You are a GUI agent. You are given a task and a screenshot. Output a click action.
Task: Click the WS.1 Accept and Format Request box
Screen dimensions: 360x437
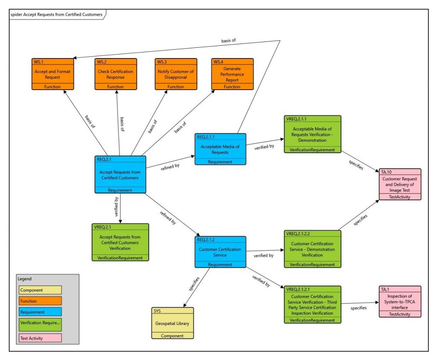click(x=53, y=74)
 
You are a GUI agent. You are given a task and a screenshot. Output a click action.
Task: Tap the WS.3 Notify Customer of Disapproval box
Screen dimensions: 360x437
click(x=176, y=74)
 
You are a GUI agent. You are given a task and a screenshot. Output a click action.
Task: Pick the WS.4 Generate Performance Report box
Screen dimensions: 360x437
click(x=232, y=74)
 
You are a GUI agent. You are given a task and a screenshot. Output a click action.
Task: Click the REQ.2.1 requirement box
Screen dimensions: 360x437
click(x=120, y=175)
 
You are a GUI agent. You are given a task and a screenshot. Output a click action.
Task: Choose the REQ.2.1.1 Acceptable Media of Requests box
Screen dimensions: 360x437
click(x=221, y=149)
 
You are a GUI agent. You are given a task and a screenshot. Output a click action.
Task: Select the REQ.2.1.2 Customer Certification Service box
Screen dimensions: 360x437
click(x=220, y=252)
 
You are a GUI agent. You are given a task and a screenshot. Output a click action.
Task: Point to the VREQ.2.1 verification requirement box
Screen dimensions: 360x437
click(x=120, y=242)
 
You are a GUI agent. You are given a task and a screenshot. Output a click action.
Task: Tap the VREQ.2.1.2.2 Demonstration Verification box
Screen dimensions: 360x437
click(x=312, y=249)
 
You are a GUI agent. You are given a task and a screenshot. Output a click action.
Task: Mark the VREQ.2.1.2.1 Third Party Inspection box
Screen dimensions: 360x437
click(x=312, y=304)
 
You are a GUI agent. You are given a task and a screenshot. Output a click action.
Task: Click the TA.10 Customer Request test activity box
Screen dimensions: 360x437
click(x=400, y=184)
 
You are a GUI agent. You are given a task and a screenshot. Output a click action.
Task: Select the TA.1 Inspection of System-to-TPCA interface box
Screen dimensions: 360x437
click(x=400, y=301)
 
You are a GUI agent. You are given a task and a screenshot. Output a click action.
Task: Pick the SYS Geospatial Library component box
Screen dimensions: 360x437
click(x=172, y=323)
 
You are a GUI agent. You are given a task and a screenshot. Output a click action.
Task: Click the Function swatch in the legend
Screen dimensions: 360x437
click(x=40, y=301)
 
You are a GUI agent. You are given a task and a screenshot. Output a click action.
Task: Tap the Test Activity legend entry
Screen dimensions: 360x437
click(x=40, y=338)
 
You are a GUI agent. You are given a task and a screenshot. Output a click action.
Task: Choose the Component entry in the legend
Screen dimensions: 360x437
click(x=40, y=290)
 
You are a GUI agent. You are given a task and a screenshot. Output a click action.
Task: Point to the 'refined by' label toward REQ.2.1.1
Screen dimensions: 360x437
click(x=170, y=167)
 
